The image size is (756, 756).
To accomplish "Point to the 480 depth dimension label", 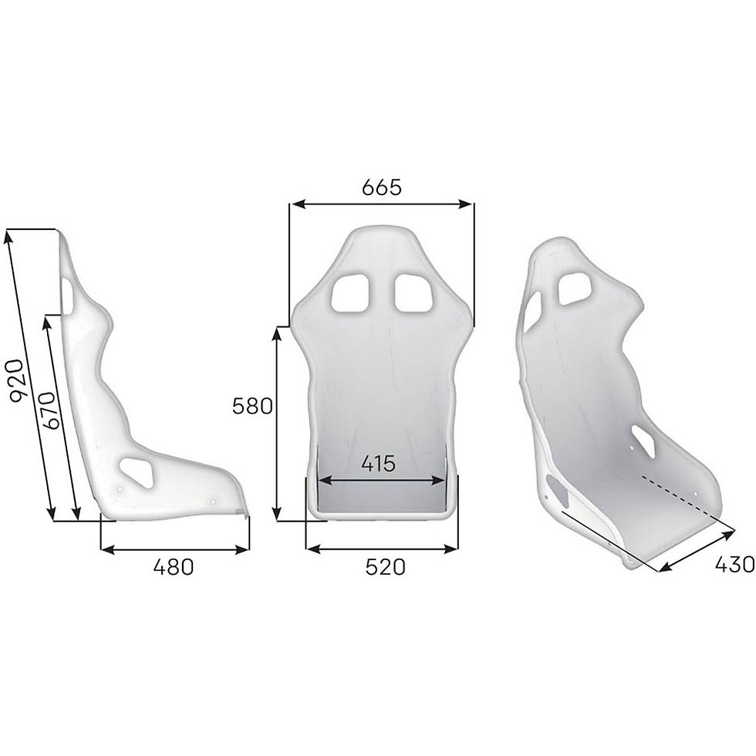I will click(173, 568).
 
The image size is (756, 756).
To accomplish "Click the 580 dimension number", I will click(253, 406).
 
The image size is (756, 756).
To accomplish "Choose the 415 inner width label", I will click(379, 463).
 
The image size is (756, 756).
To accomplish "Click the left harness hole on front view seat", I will click(351, 292).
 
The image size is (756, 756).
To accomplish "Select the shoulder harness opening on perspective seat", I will click(576, 292).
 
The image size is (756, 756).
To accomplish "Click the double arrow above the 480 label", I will click(175, 548).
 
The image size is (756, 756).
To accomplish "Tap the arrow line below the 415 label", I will click(381, 480).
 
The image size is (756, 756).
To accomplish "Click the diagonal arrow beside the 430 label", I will click(697, 549).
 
